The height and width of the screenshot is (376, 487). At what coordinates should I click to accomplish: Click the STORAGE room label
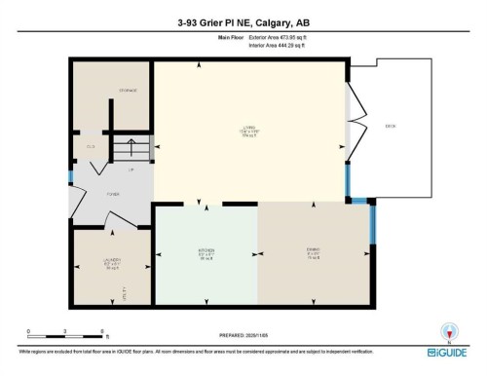[x=128, y=91]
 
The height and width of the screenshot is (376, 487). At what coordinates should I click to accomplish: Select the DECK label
[x=390, y=126]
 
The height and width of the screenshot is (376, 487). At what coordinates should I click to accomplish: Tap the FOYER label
[x=112, y=193]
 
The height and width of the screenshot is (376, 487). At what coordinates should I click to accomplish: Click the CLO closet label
[x=90, y=147]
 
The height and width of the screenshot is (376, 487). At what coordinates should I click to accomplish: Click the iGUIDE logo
[x=449, y=337]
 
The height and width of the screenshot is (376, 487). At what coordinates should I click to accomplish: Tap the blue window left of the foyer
[x=70, y=178]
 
